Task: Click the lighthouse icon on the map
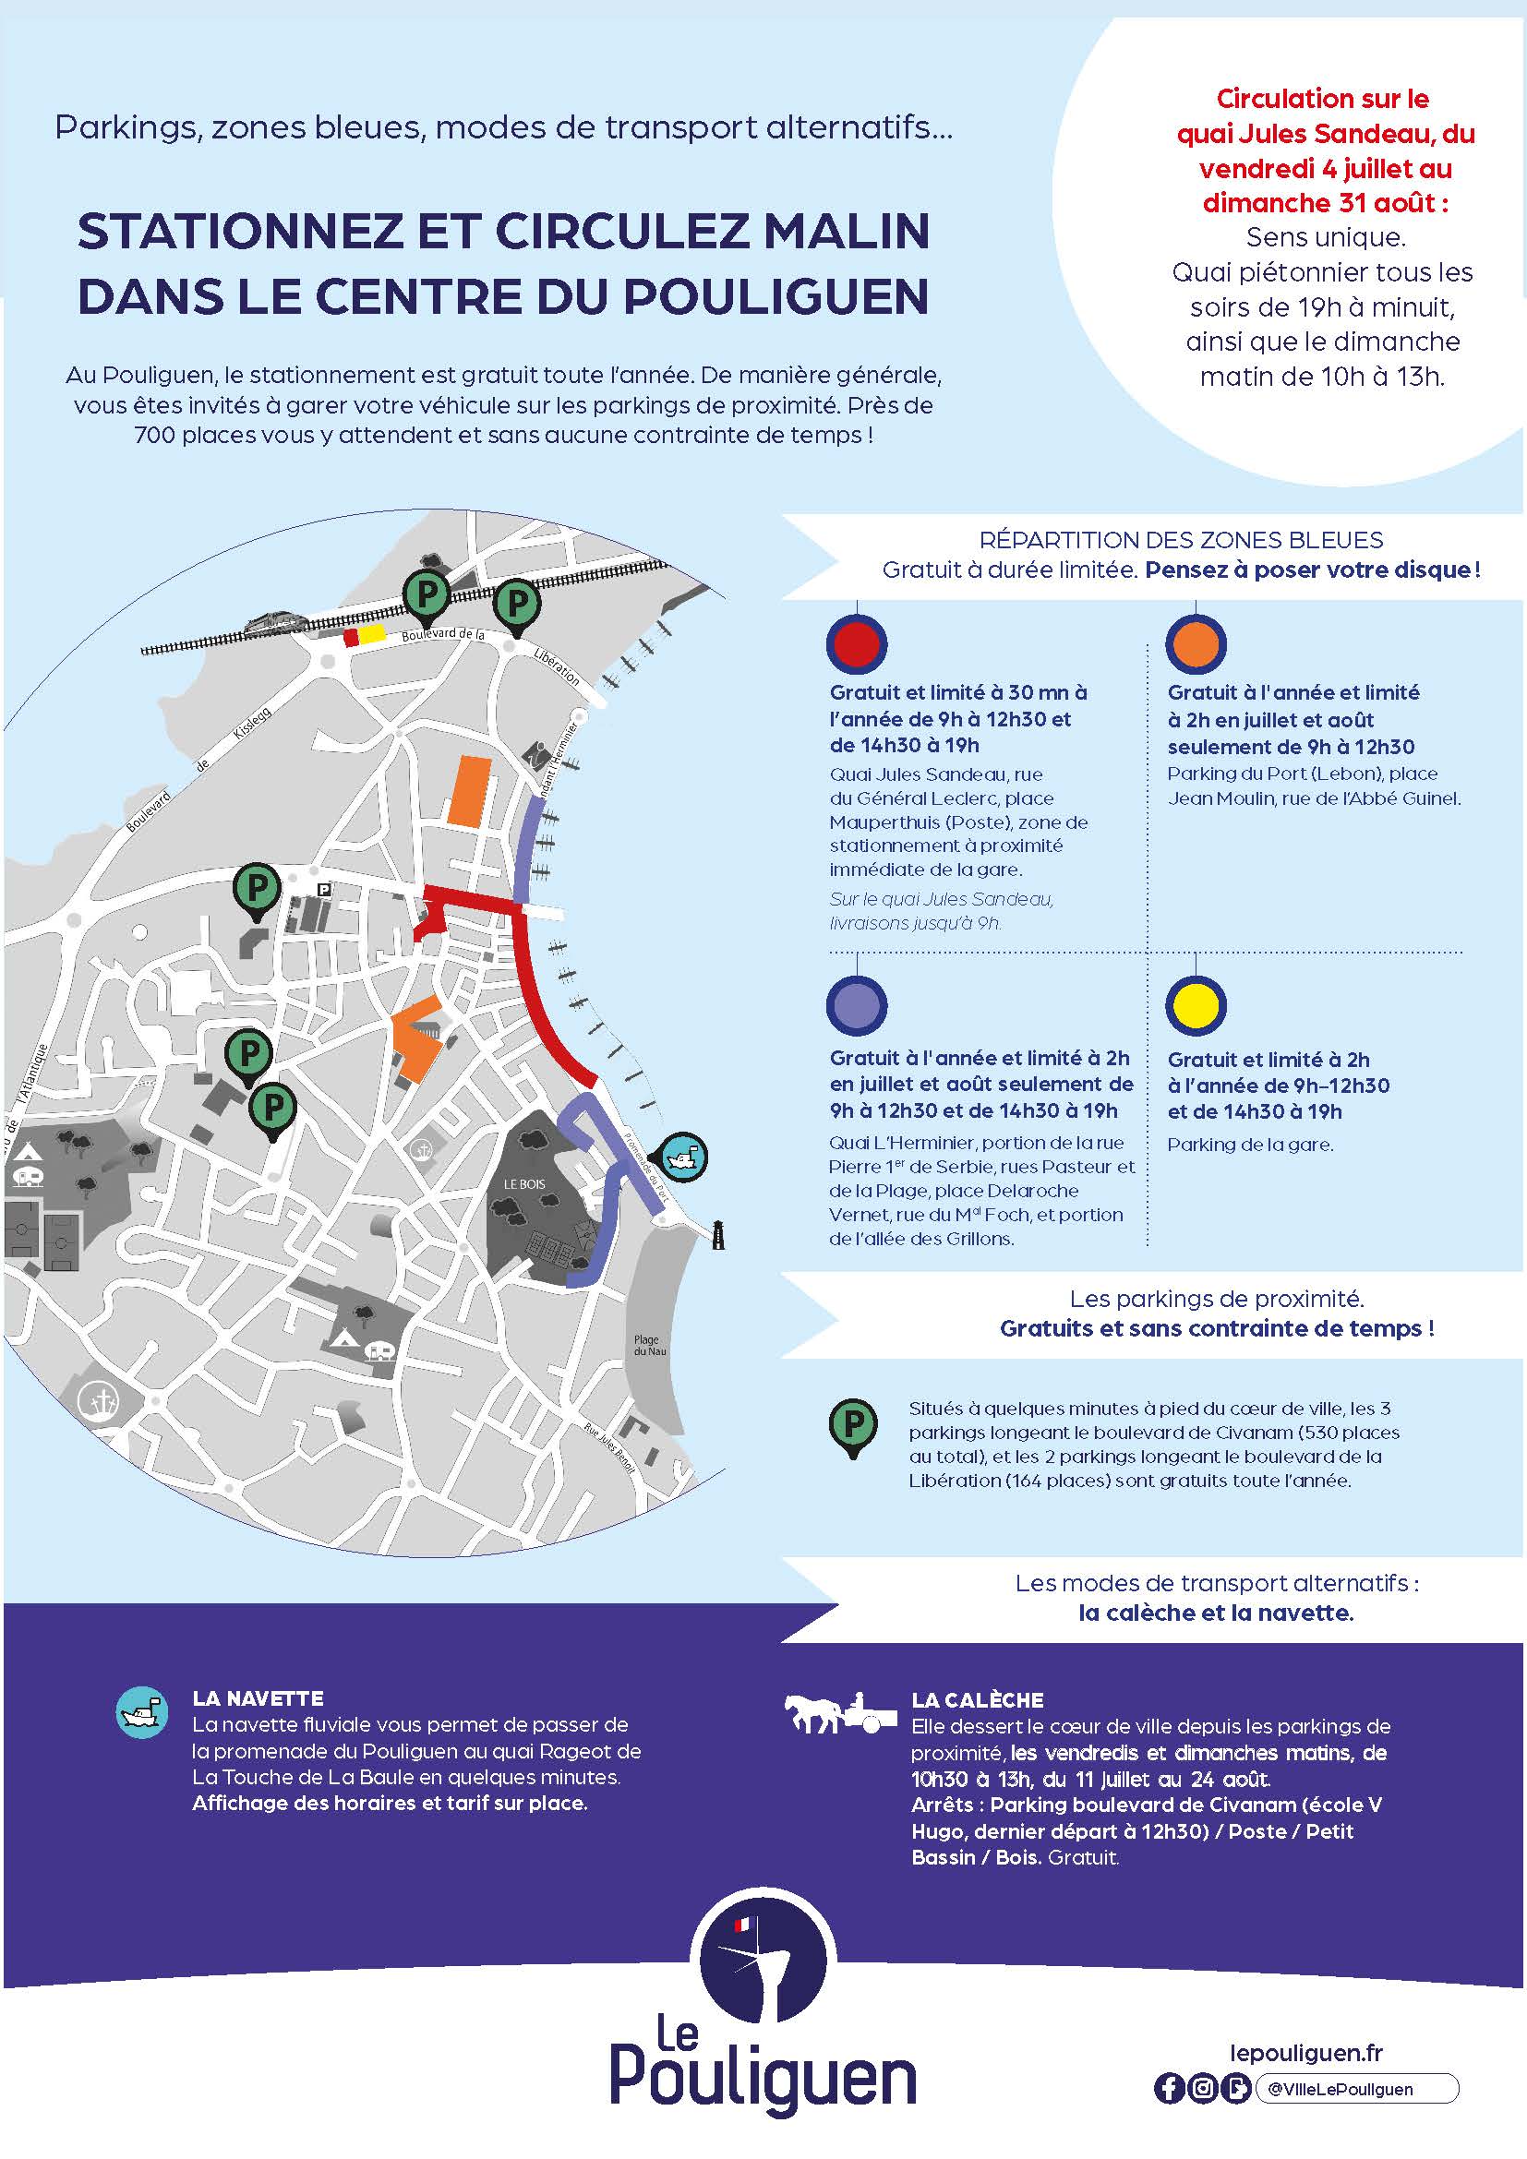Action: click(718, 1234)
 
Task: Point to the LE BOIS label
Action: click(523, 1184)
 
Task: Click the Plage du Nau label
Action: click(646, 1346)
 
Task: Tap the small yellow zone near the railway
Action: click(372, 635)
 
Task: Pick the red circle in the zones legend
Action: click(857, 644)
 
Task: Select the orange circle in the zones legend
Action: click(1195, 644)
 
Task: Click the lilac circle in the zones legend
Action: click(857, 1005)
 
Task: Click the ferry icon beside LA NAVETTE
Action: click(142, 1711)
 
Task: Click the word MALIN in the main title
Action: click(845, 232)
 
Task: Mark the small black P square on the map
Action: click(323, 888)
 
